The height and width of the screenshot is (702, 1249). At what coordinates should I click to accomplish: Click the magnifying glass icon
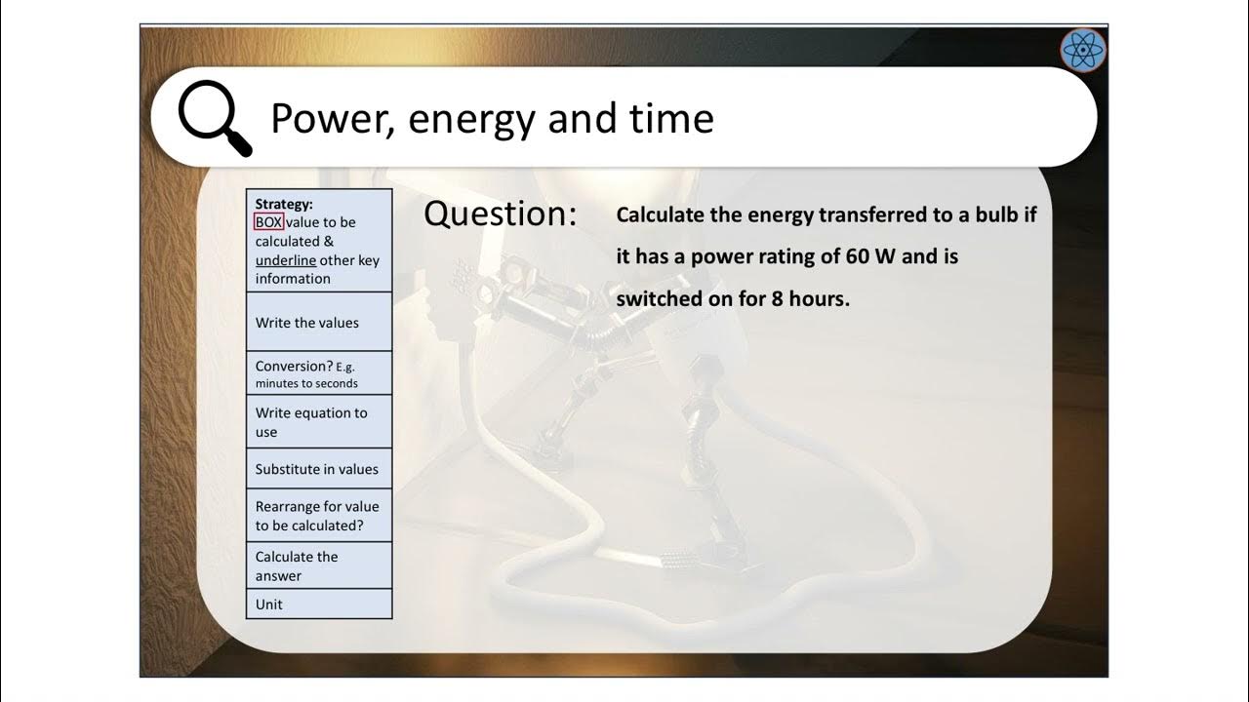click(x=214, y=118)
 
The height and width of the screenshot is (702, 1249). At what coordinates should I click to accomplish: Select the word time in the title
click(x=673, y=118)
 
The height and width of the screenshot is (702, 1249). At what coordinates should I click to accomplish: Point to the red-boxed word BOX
click(x=268, y=222)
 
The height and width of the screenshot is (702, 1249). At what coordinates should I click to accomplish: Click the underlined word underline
click(x=286, y=260)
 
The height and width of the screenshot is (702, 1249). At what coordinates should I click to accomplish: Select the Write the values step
click(x=307, y=323)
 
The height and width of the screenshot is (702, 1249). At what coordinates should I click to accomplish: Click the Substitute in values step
click(x=317, y=469)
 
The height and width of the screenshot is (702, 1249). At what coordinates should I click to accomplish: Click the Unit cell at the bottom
click(x=269, y=604)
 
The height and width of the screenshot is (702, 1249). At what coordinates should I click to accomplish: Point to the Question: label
click(x=500, y=214)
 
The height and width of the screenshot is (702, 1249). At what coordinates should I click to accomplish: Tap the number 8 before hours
click(x=778, y=298)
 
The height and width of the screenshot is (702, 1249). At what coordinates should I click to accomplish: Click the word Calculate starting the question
click(x=660, y=215)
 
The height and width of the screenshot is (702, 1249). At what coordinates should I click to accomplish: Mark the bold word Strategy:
click(x=284, y=205)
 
